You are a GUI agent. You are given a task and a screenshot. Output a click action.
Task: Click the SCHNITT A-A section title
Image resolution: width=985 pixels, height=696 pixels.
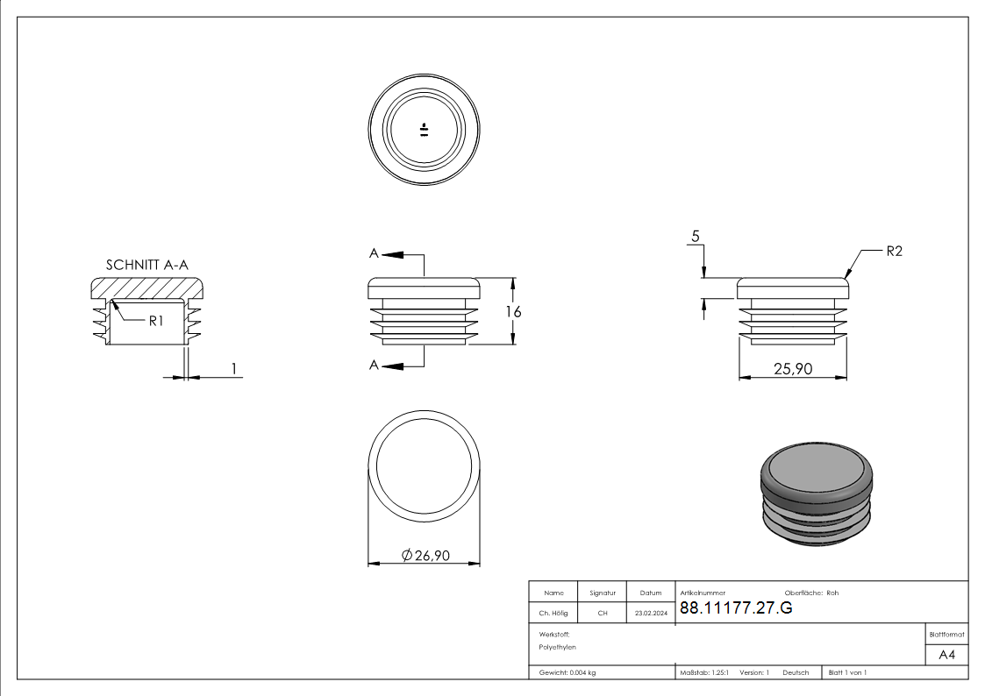click(x=147, y=265)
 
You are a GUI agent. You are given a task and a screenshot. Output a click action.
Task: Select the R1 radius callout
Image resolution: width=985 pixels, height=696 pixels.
click(x=156, y=321)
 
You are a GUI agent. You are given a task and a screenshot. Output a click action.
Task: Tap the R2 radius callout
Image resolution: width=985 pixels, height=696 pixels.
click(x=894, y=251)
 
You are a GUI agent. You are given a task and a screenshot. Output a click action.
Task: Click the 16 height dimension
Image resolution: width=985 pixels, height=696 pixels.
click(x=513, y=312)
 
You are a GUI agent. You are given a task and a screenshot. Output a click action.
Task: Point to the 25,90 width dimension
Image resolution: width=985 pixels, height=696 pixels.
click(x=793, y=368)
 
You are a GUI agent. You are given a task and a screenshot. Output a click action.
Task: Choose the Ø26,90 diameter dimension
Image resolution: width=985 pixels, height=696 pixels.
click(x=425, y=556)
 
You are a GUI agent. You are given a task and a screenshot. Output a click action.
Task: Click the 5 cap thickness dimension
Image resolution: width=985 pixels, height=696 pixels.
click(x=696, y=236)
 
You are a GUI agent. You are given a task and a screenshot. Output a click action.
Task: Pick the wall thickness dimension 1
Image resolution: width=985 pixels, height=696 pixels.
click(x=234, y=368)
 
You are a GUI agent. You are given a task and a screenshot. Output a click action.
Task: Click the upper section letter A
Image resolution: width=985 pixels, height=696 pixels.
click(x=374, y=253)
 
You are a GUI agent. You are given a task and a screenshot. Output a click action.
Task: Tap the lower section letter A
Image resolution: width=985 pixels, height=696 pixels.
click(x=374, y=365)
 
